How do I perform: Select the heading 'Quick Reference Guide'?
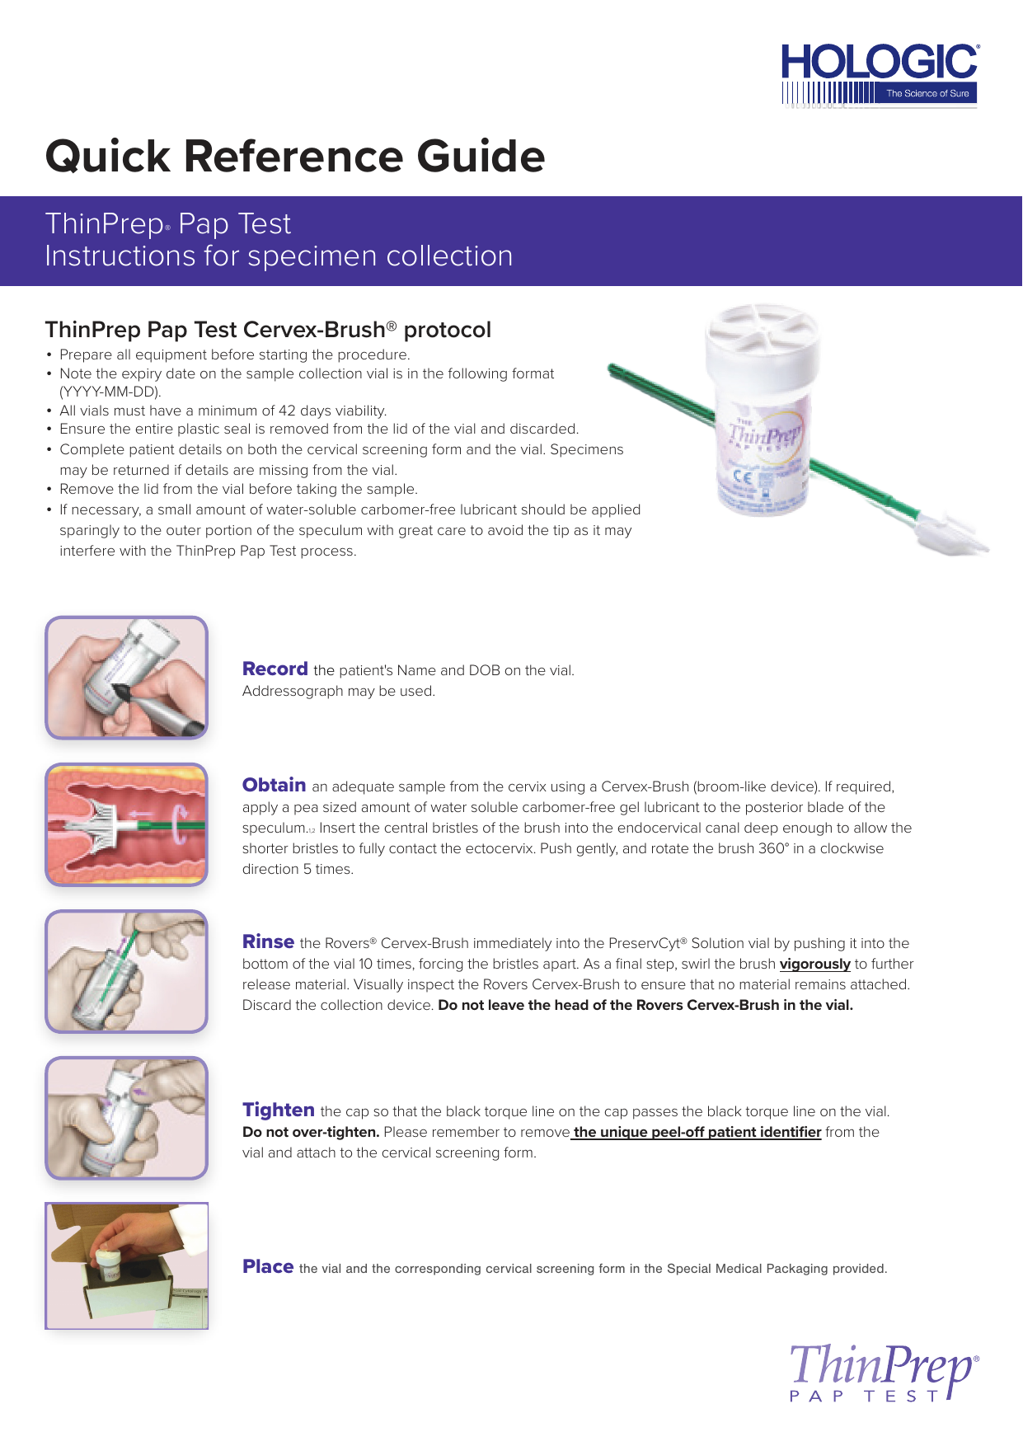[295, 156]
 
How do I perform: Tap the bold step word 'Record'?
[275, 669]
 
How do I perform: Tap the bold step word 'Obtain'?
[274, 786]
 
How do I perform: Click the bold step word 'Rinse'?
[268, 942]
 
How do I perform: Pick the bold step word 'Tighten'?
[278, 1110]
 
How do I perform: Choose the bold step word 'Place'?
[267, 1267]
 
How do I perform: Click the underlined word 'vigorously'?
[814, 964]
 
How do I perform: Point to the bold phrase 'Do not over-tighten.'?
[311, 1132]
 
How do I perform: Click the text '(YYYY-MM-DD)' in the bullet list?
[110, 392]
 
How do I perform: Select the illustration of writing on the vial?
[126, 678]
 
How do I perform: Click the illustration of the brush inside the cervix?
[126, 824]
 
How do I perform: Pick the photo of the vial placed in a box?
[126, 1265]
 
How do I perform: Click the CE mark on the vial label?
[742, 477]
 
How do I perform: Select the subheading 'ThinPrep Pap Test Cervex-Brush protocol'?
[268, 330]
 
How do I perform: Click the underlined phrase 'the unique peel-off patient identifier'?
[697, 1132]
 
